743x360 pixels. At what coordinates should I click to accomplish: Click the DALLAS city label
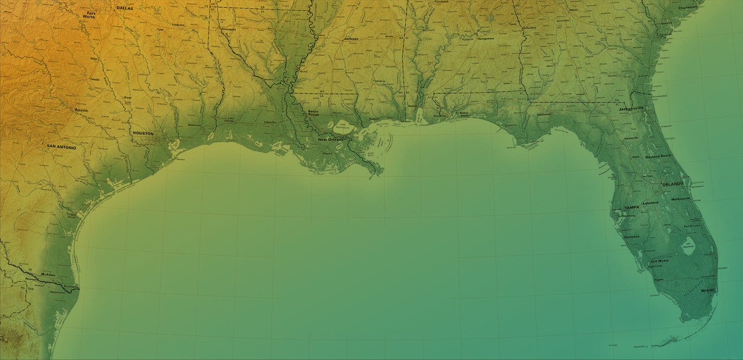125,8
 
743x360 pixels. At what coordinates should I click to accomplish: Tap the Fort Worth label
91,15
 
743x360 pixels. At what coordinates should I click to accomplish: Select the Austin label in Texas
81,110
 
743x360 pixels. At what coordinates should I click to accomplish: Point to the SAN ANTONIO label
62,147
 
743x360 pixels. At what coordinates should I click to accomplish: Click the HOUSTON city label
143,134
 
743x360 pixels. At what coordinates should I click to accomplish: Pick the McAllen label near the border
48,274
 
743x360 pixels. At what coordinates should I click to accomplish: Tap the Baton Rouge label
313,113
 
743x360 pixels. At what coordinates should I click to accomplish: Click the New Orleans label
330,140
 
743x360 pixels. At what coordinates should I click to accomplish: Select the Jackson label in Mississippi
351,39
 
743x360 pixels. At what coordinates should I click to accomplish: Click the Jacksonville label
632,109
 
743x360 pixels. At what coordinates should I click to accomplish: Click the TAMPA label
631,207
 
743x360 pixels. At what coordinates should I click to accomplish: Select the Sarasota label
631,237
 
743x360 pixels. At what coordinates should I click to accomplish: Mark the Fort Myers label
659,261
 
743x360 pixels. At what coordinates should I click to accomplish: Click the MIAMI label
708,290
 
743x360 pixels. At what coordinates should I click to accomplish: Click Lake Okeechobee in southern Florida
688,247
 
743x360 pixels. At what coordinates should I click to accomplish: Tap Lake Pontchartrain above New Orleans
342,125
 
